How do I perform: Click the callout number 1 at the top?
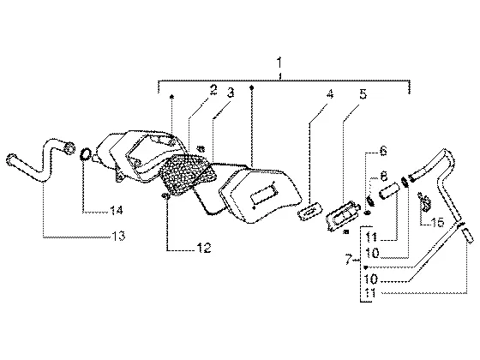[x=279, y=63]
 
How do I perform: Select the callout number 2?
[x=213, y=90]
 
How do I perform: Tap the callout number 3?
[x=231, y=93]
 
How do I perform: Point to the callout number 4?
[x=329, y=93]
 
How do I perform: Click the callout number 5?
[x=363, y=93]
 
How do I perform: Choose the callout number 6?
[x=383, y=151]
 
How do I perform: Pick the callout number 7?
[x=348, y=260]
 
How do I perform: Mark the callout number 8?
[x=383, y=176]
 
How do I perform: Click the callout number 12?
[x=204, y=248]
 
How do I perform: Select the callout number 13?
[x=118, y=236]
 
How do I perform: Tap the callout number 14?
[x=117, y=210]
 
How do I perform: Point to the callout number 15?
[x=437, y=222]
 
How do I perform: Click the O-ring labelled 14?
[x=86, y=154]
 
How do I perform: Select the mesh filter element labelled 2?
[x=188, y=175]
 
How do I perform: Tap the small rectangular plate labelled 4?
[x=310, y=210]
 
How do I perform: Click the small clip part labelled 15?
[x=425, y=202]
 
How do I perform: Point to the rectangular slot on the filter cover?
[x=264, y=194]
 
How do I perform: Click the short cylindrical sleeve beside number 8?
[x=389, y=191]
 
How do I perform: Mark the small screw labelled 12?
[x=165, y=196]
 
